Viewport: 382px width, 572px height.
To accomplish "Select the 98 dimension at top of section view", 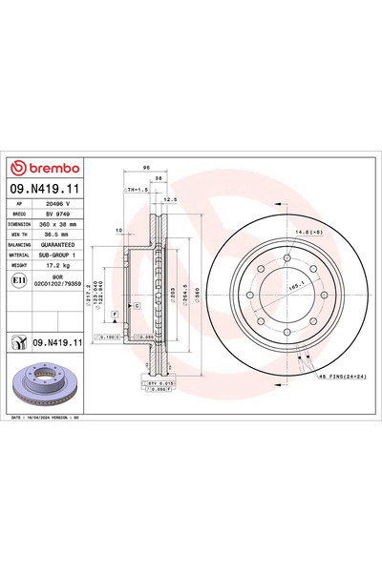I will click(146, 167).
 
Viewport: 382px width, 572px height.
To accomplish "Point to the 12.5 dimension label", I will click(172, 199).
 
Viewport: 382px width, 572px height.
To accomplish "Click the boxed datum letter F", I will click(115, 314).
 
